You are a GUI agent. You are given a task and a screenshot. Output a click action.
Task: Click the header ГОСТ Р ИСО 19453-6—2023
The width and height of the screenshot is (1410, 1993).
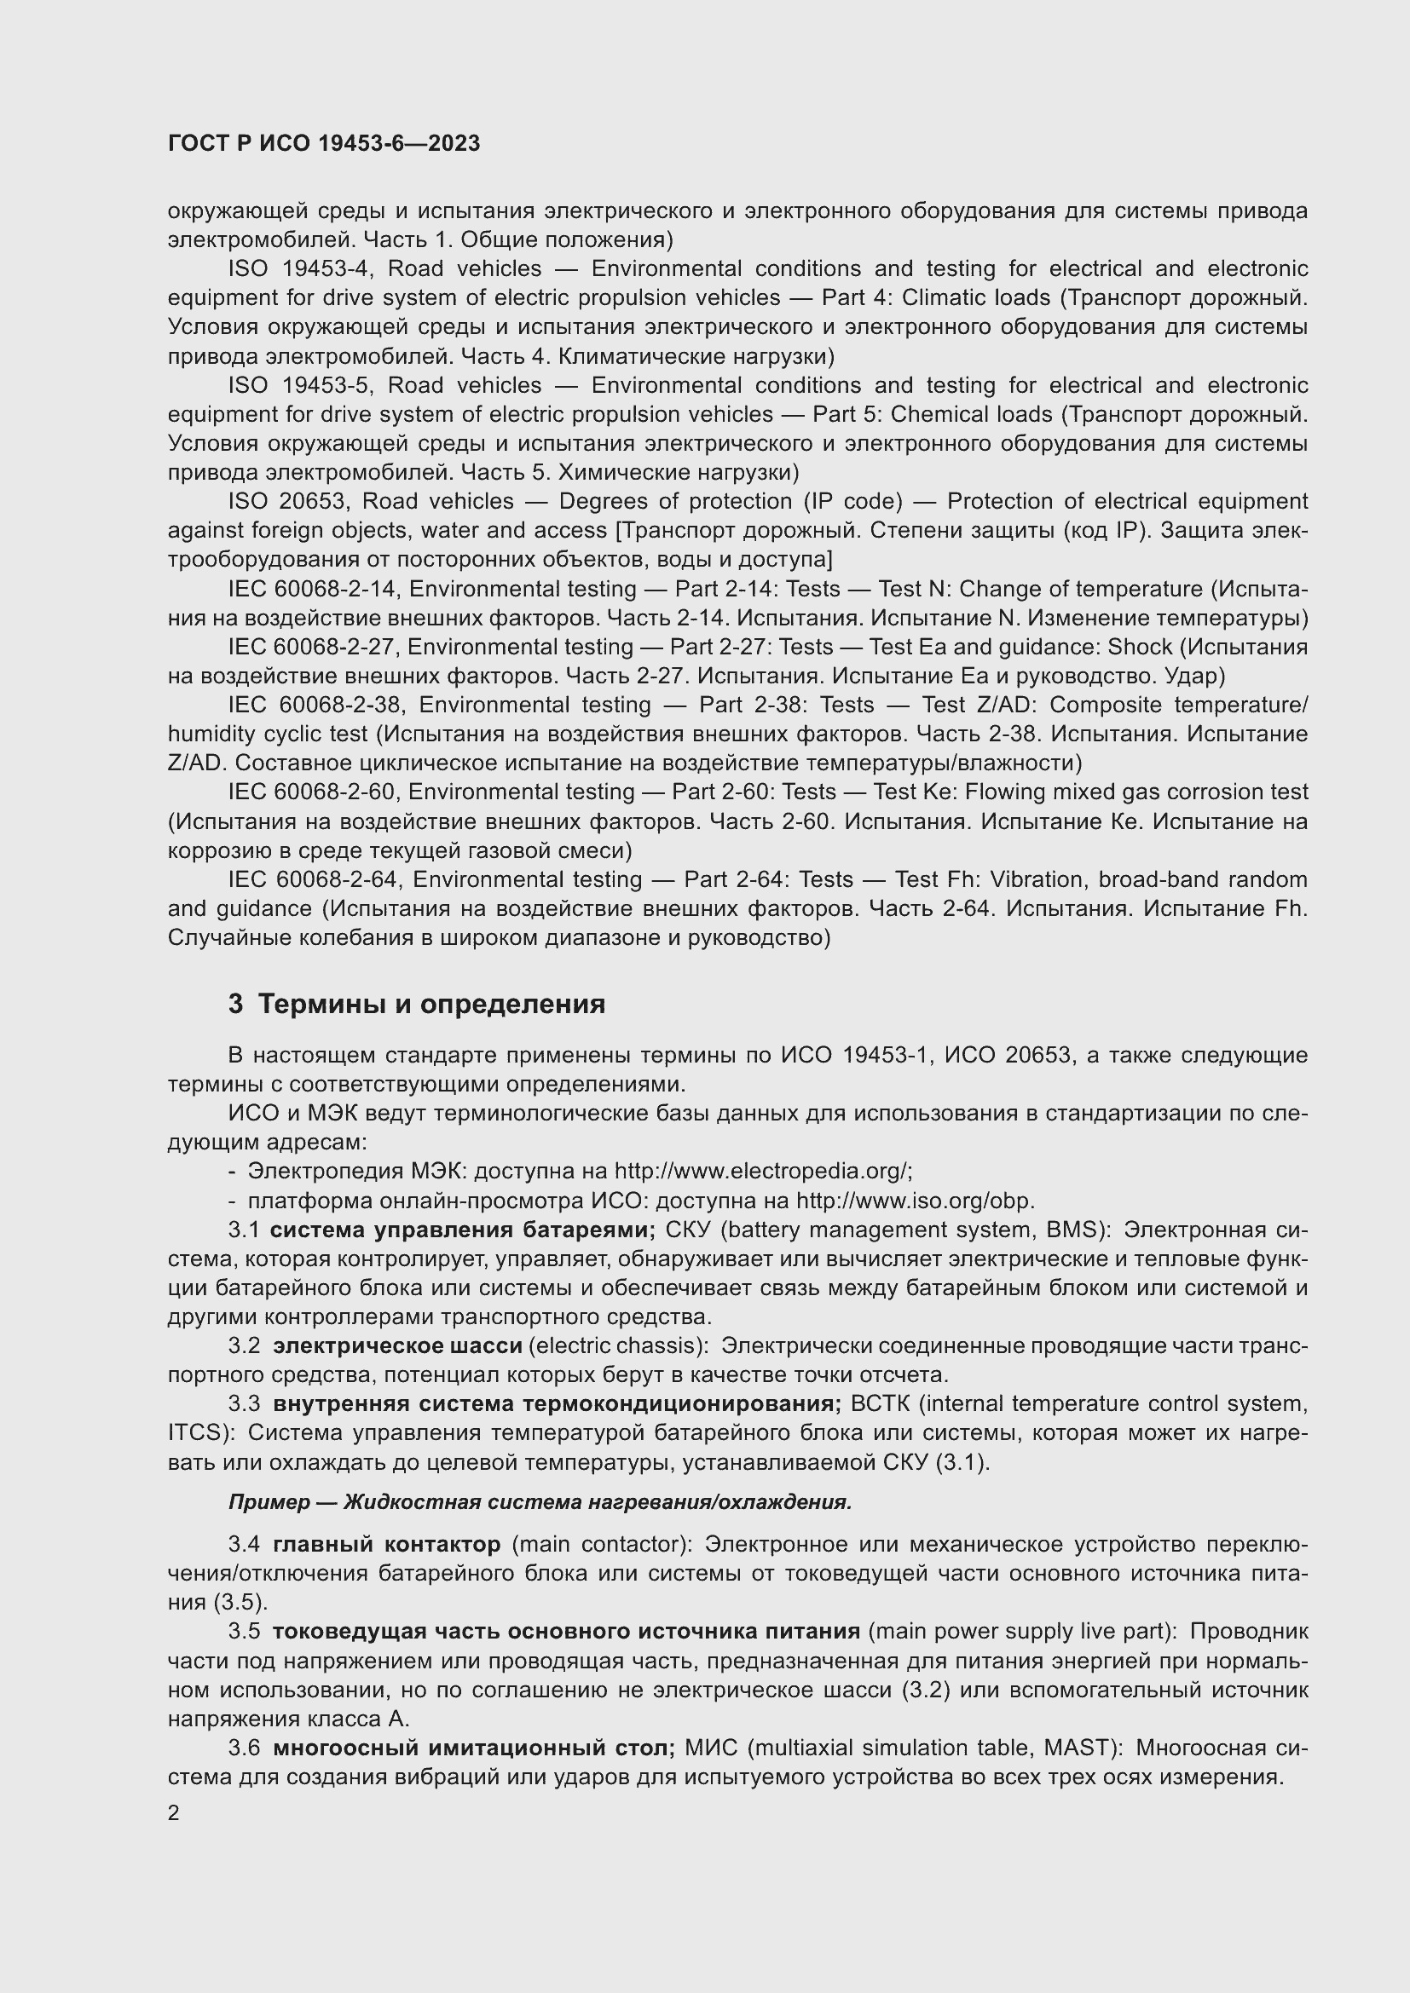(323, 144)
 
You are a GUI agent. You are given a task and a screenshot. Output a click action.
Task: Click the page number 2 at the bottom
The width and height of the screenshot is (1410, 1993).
(174, 1813)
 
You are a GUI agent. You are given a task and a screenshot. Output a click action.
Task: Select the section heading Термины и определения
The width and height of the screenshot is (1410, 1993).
(431, 1005)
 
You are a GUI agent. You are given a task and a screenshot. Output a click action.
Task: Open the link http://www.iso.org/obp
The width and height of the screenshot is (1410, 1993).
(914, 1201)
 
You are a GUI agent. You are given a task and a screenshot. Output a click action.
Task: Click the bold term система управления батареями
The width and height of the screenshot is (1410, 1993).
(463, 1231)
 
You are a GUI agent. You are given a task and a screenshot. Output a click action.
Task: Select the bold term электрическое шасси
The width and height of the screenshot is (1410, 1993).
(397, 1346)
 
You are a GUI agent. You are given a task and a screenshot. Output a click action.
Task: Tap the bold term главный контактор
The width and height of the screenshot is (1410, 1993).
(387, 1545)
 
